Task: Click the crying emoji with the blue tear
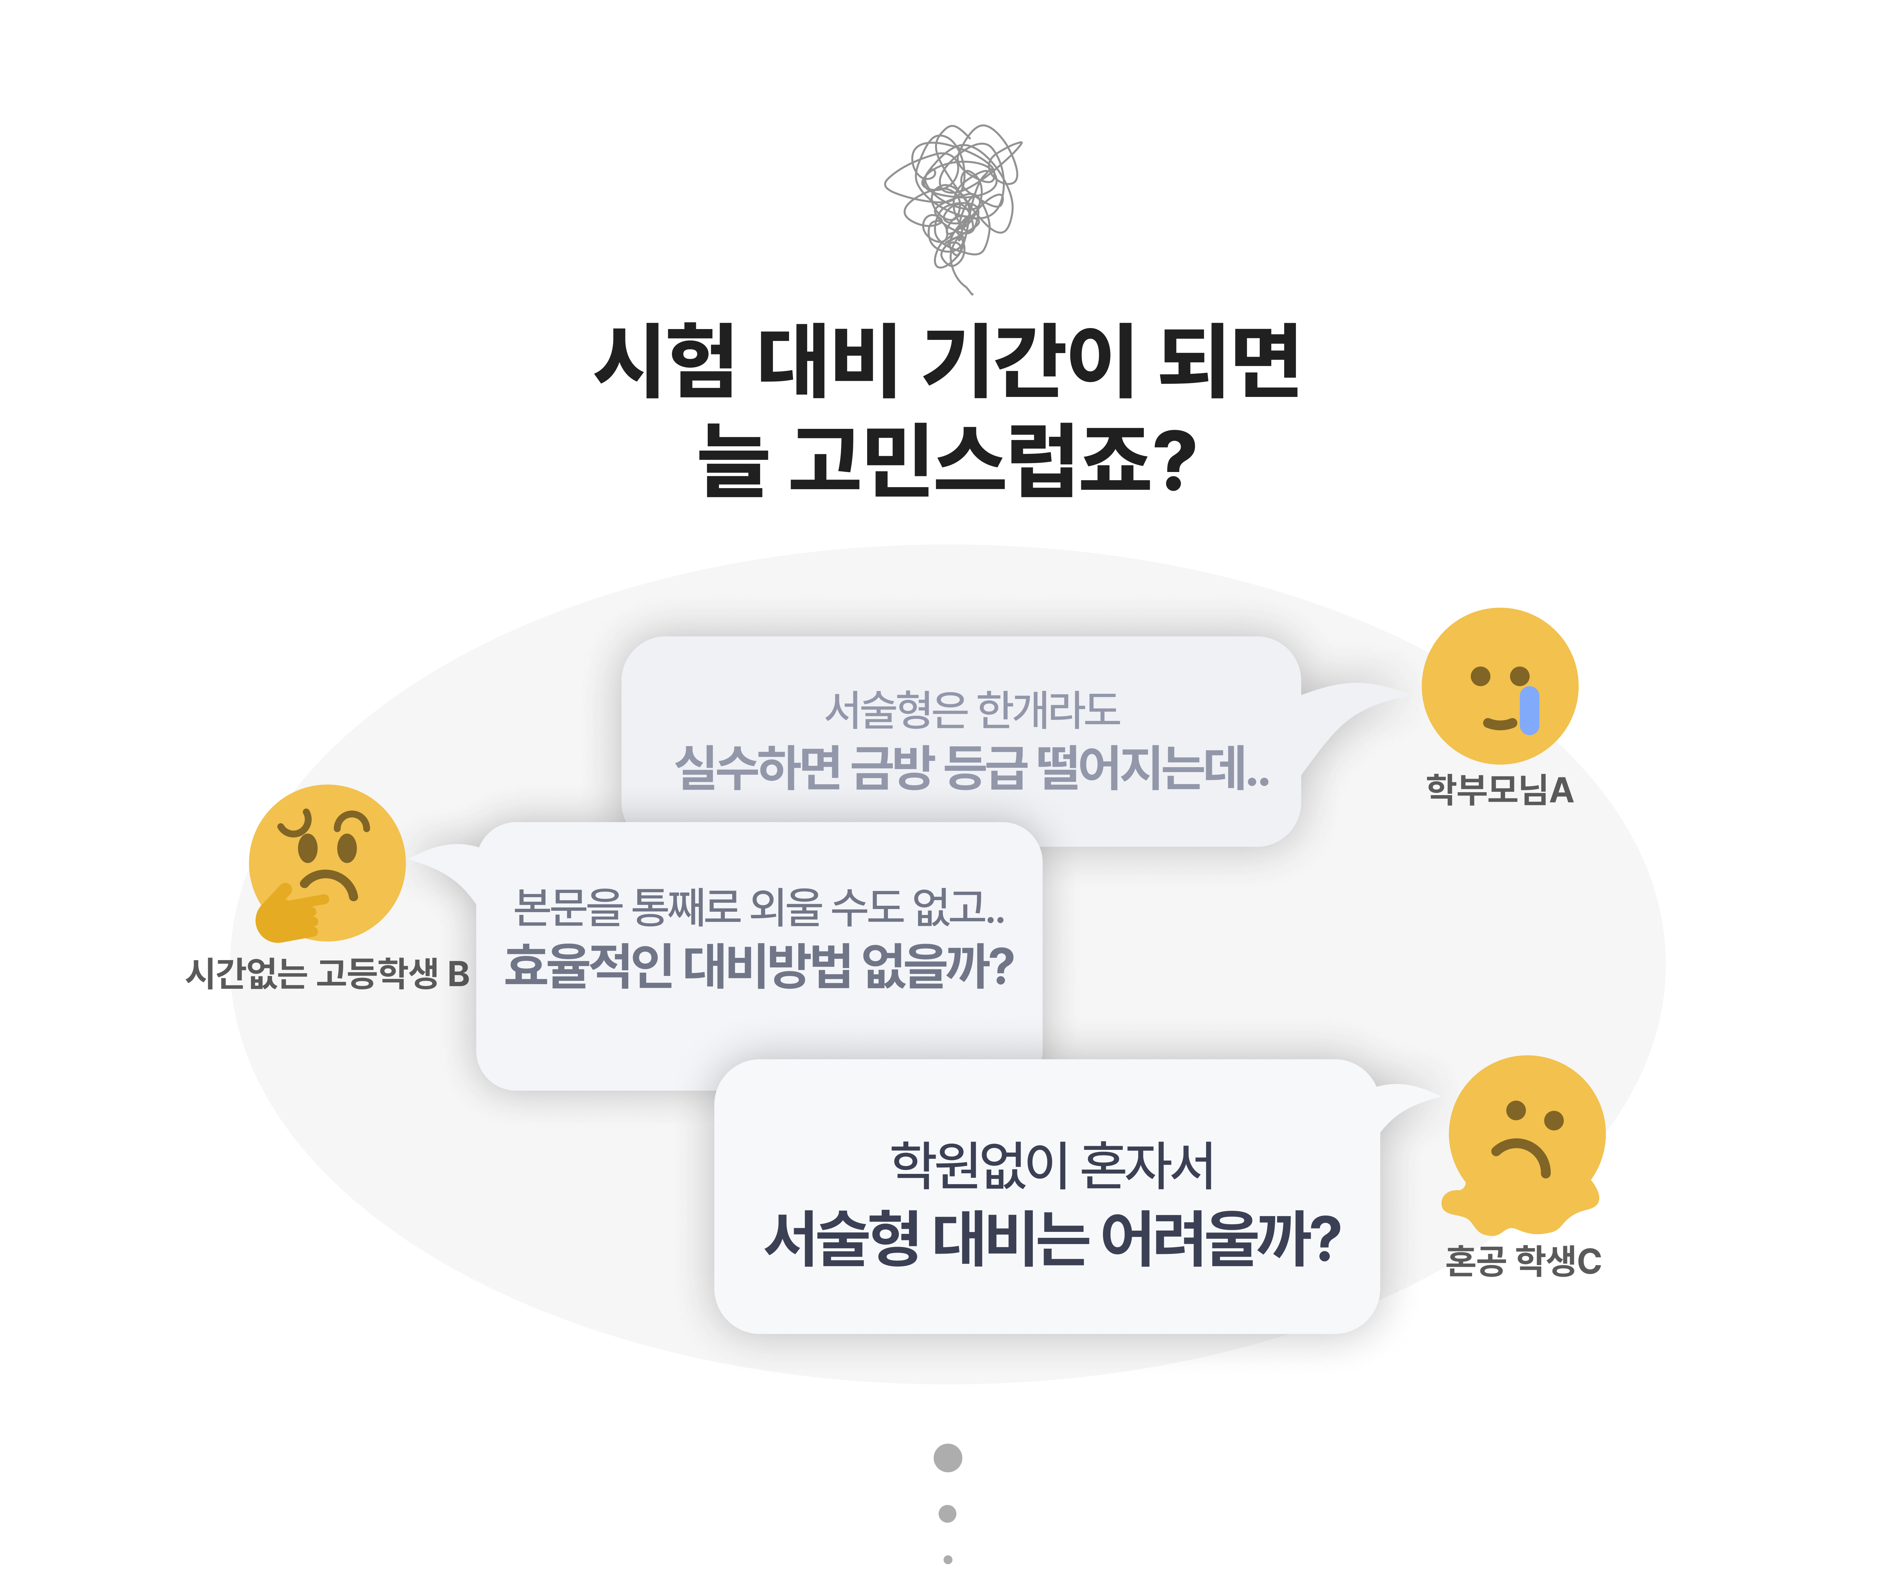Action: pos(1499,687)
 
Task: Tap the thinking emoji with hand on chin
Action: pos(327,863)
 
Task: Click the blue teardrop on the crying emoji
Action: pos(1529,710)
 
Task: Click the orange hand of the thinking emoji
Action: pos(287,912)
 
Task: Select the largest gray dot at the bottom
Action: pos(948,1457)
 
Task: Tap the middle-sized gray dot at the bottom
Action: pos(948,1513)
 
